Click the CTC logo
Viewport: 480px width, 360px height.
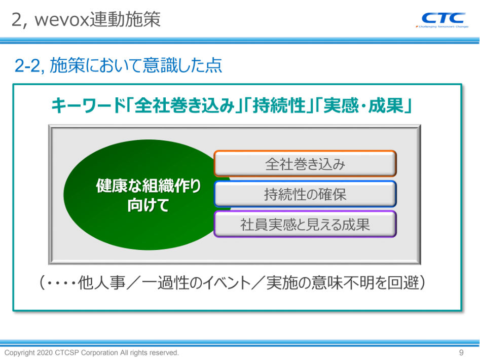click(x=443, y=18)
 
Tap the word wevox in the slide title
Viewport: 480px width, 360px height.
click(x=61, y=20)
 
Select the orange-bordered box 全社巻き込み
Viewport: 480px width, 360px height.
click(x=305, y=164)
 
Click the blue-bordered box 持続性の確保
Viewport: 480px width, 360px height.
click(x=305, y=194)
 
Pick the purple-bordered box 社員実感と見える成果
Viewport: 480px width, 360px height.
click(x=305, y=225)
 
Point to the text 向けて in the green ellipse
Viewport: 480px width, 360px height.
click(x=148, y=205)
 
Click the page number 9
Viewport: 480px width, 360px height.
click(x=461, y=353)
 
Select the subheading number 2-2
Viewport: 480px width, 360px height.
click(x=27, y=65)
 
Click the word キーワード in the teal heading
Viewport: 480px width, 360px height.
click(x=89, y=105)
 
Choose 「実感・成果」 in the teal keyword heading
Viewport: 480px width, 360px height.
click(x=363, y=105)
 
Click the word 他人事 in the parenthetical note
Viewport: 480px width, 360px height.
click(x=101, y=282)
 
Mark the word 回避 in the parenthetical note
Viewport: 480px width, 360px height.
click(x=403, y=282)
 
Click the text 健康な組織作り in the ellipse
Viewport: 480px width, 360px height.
click(x=148, y=186)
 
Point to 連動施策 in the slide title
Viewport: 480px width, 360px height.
click(x=125, y=20)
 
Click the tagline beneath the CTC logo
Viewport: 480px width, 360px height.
click(x=442, y=27)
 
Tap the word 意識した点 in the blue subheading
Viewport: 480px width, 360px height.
click(x=182, y=65)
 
